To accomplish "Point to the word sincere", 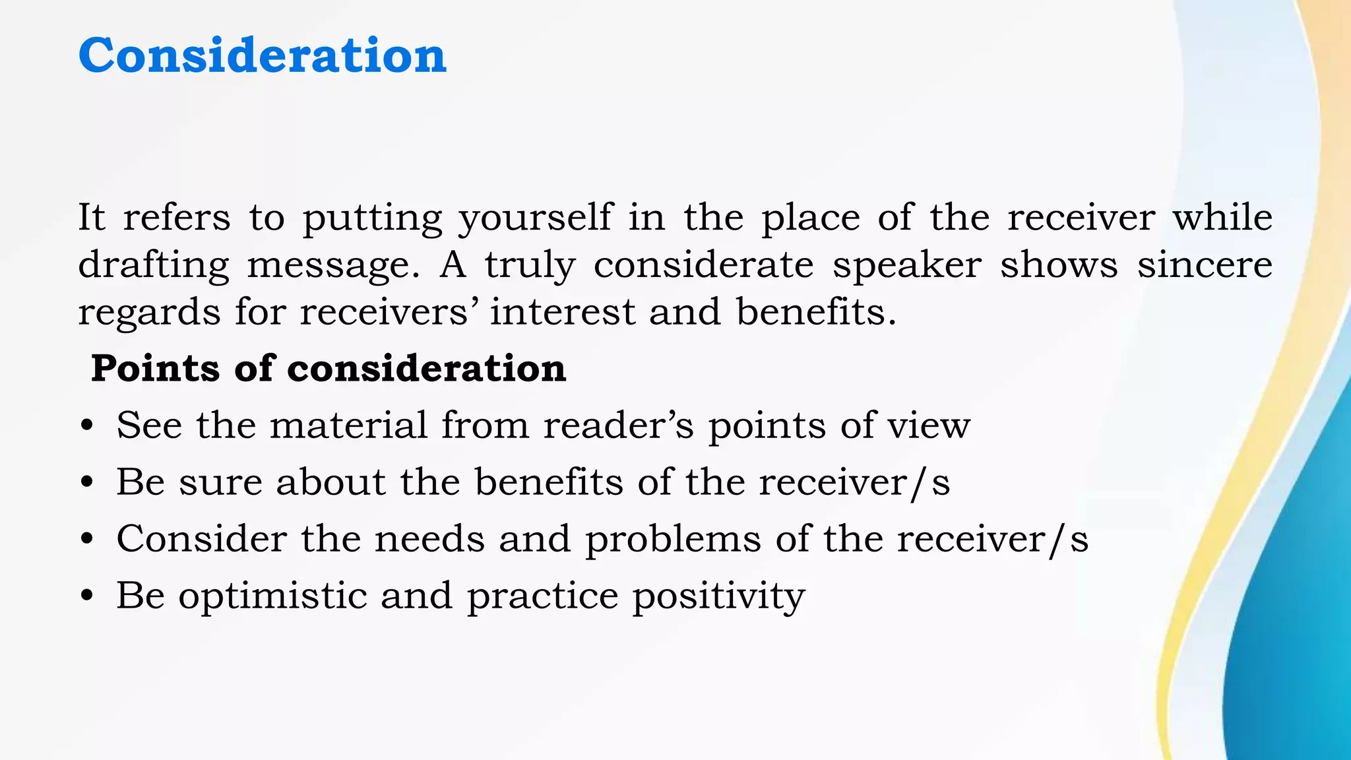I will (x=1205, y=265).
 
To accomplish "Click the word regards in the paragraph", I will (x=149, y=313).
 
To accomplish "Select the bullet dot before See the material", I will (x=86, y=426).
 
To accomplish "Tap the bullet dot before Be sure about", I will (x=86, y=483).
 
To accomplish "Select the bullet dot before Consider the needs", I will (x=86, y=540).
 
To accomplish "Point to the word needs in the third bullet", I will (x=429, y=539).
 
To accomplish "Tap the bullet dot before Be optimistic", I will (x=86, y=596).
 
